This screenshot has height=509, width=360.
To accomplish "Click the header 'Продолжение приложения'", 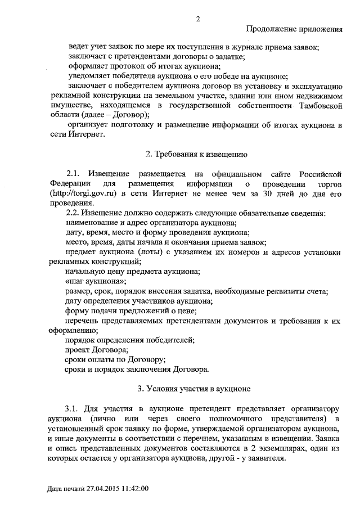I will [x=295, y=29].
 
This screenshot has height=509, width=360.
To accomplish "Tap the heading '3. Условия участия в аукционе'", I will [x=194, y=388].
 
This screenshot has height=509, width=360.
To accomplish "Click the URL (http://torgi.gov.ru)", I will [x=83, y=194].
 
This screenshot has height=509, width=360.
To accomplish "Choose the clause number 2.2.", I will [x=74, y=213].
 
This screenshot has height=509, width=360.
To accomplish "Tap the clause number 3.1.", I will [x=74, y=408].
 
